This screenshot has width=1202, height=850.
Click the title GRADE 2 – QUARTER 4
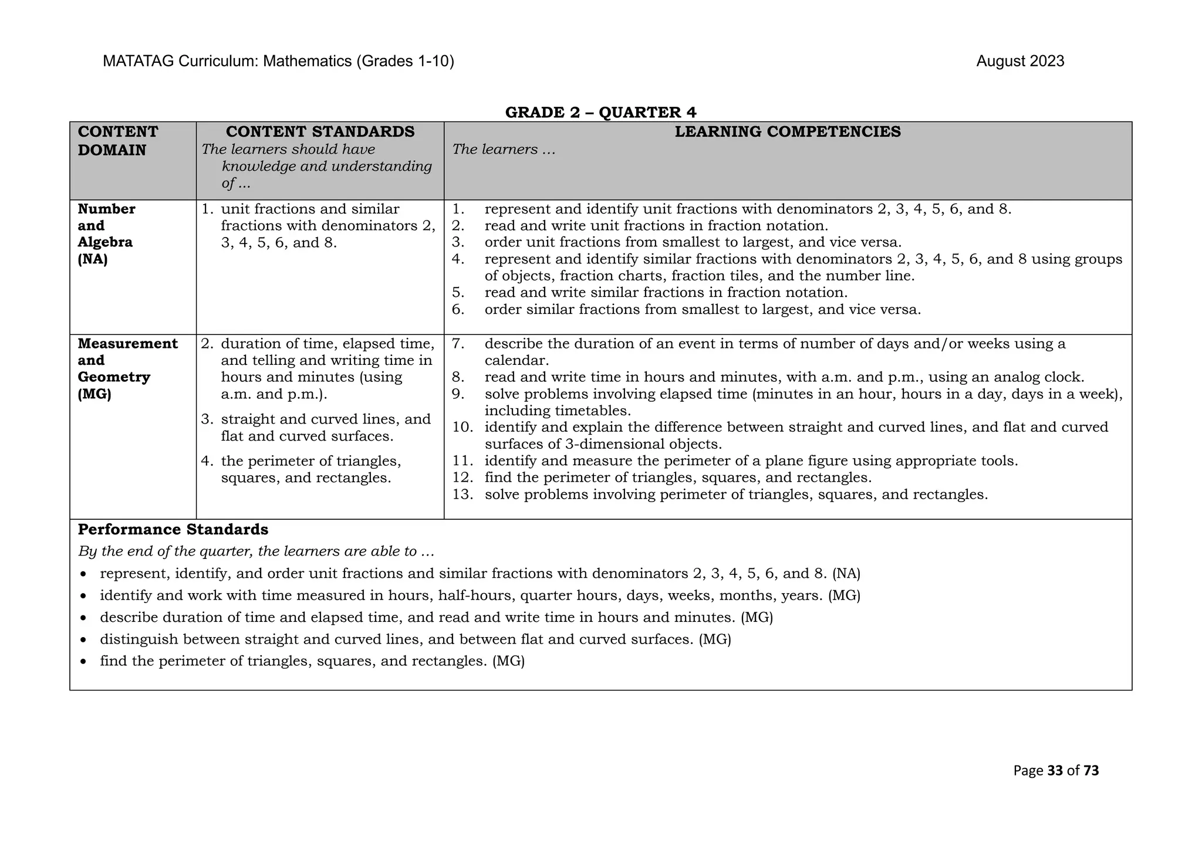pos(600,112)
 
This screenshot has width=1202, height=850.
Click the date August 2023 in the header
pos(1019,62)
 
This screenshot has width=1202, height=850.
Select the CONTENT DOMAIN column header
pos(117,141)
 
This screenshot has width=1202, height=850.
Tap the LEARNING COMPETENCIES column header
pos(787,131)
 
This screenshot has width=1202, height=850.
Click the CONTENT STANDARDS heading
pos(320,131)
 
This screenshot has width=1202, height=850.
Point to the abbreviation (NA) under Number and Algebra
pos(93,259)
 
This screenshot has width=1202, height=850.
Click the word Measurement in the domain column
pos(127,344)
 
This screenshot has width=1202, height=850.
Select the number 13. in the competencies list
pos(462,495)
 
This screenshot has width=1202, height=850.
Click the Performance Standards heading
pos(173,530)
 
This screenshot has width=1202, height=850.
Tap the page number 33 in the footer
pos(1055,771)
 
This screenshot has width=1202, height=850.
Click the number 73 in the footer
pos(1091,771)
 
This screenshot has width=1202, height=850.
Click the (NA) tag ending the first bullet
pos(846,574)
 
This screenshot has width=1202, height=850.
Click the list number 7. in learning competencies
pos(458,344)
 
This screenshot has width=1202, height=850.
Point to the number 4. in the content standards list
pos(207,461)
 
